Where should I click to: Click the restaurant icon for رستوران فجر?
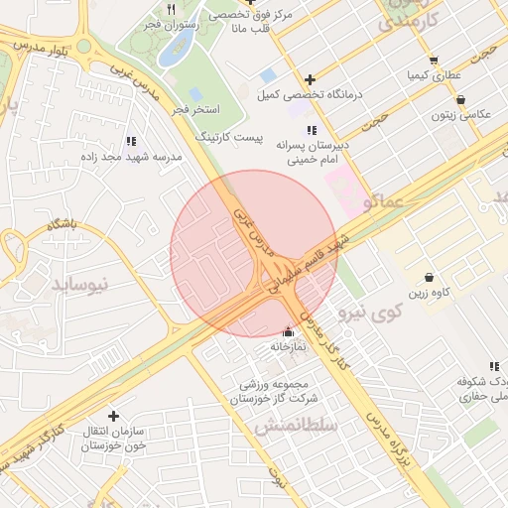click(172, 9)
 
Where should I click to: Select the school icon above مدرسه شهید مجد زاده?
click(131, 142)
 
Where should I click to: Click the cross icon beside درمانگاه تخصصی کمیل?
click(311, 79)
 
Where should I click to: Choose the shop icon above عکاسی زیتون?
click(461, 99)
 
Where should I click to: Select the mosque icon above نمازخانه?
click(289, 331)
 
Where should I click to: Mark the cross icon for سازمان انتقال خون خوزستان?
click(113, 416)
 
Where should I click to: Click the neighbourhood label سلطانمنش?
click(297, 425)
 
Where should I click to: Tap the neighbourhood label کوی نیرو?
click(370, 313)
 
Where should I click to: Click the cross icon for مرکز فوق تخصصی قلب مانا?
click(251, 3)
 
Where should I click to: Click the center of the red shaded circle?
click(253, 254)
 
